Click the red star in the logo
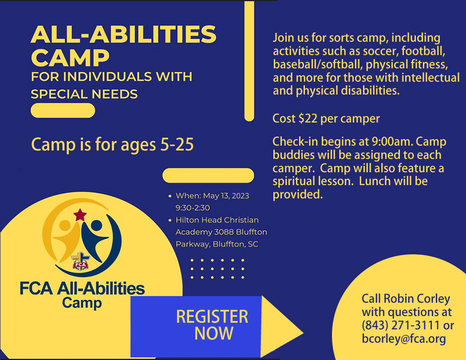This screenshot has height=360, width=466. (79, 215)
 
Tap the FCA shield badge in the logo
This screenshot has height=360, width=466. (80, 261)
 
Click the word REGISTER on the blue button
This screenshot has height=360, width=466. (212, 316)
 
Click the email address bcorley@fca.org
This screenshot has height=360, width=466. (404, 339)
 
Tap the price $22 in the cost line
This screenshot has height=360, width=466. (308, 119)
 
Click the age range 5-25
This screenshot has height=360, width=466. (177, 145)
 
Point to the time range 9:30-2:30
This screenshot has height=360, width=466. (193, 208)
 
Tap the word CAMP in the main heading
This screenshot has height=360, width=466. (71, 58)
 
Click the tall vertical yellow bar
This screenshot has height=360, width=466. (249, 61)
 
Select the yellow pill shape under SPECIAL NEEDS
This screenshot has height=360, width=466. (63, 111)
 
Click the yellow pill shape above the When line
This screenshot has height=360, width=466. (208, 175)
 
